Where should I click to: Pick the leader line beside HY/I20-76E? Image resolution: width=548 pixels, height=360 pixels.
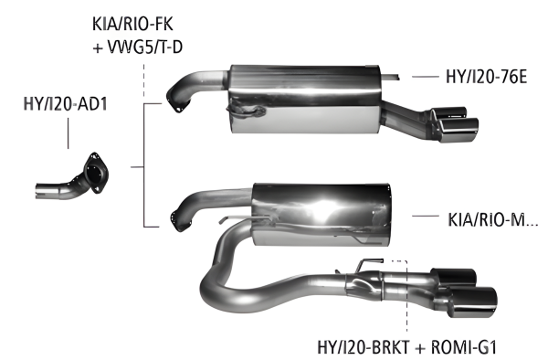425,78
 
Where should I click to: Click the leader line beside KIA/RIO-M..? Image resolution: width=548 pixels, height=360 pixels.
427,217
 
